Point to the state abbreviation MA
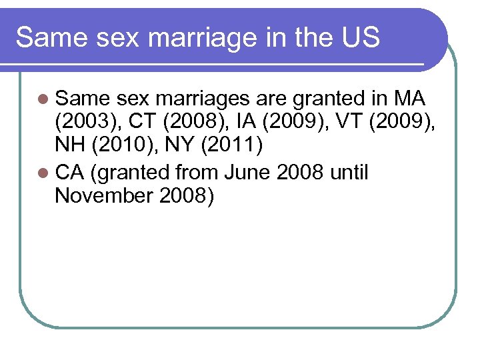(x=409, y=99)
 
